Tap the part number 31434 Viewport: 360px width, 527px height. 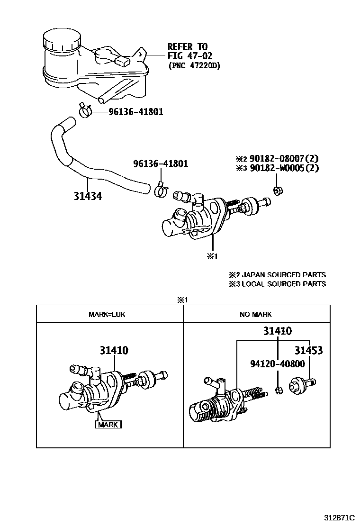[88, 195]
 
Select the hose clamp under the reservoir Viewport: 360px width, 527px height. [86, 111]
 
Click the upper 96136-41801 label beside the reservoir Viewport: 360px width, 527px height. [135, 112]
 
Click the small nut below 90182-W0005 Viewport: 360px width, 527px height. [278, 191]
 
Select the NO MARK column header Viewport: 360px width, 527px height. [256, 314]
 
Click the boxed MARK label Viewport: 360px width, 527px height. [109, 425]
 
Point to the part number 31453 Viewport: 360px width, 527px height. [308, 351]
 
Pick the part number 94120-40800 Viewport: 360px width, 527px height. [277, 364]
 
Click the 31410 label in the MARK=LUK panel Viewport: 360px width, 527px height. [114, 351]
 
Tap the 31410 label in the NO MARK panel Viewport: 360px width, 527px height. [278, 331]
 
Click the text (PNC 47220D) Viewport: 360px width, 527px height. [194, 66]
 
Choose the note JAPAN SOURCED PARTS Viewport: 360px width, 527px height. [283, 275]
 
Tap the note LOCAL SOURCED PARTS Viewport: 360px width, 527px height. [283, 284]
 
